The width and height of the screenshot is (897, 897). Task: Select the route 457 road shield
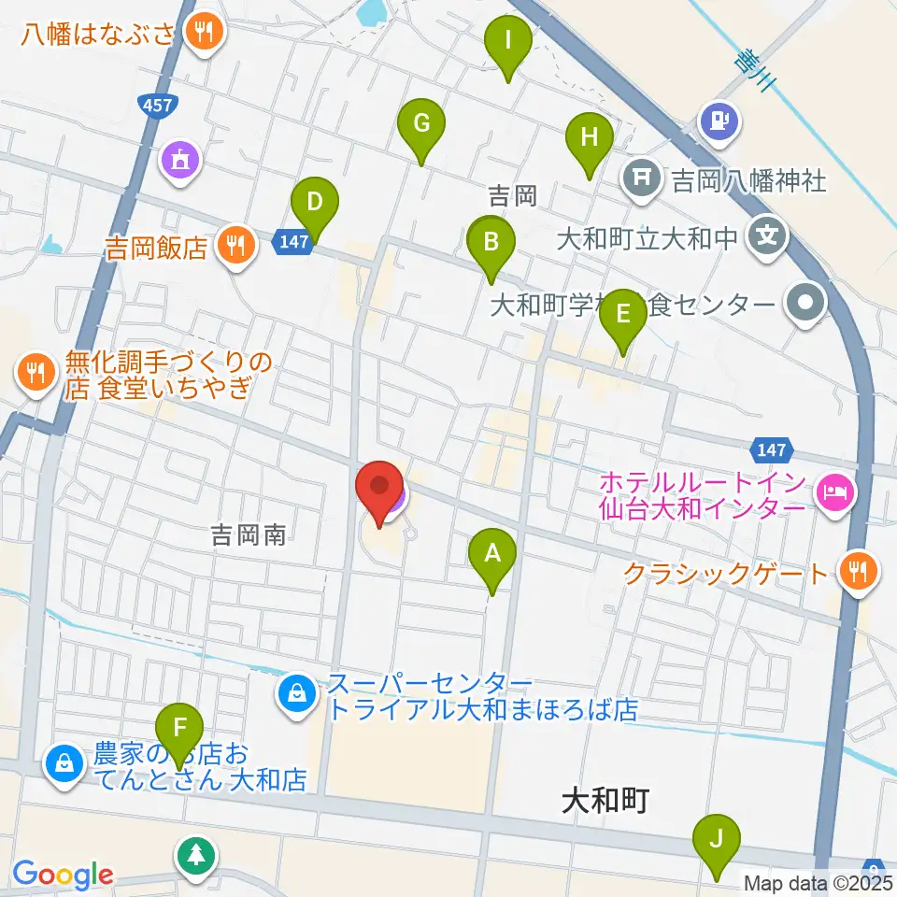click(157, 105)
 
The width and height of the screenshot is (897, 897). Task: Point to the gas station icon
click(720, 121)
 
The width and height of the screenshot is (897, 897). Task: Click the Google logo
click(63, 874)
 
